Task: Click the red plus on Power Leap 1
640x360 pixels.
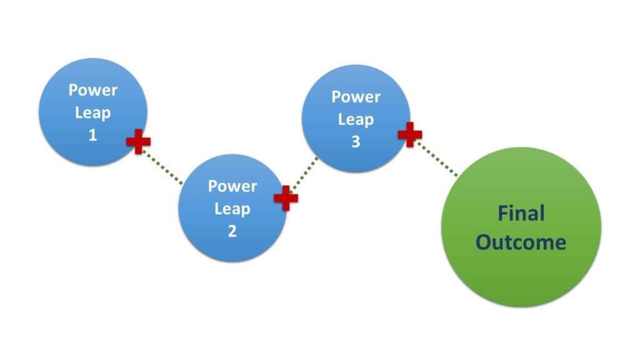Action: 138,142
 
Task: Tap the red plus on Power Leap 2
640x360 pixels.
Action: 286,197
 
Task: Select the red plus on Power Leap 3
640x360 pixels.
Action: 410,134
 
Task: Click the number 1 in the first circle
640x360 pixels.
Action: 92,135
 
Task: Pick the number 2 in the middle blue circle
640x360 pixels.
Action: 232,231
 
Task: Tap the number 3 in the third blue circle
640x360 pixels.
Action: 356,142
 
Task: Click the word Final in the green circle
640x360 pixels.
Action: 521,214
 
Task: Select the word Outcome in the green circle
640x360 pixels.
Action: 521,242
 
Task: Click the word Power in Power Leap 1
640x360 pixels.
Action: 92,90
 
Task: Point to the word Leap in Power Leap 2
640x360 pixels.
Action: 232,209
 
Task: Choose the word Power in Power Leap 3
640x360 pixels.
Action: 356,97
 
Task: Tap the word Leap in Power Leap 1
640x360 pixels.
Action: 92,112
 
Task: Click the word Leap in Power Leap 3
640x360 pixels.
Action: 356,119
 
